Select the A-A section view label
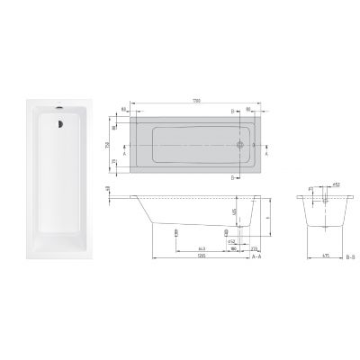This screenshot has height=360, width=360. (x=256, y=256)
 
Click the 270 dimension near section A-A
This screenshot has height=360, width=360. (x=255, y=247)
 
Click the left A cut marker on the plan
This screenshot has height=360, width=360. (x=125, y=152)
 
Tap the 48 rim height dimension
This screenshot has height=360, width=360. (x=108, y=188)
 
